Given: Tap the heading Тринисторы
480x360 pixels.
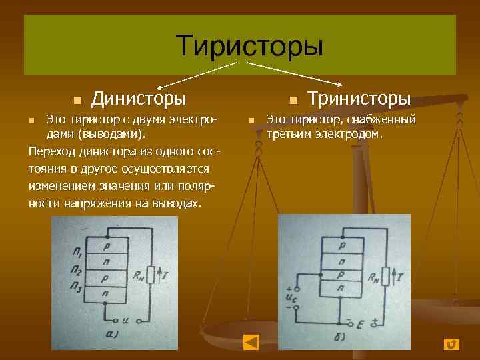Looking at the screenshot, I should pyautogui.click(x=358, y=99).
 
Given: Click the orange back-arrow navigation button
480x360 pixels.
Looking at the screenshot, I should pyautogui.click(x=251, y=342).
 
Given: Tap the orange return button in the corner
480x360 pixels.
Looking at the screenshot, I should pyautogui.click(x=451, y=343).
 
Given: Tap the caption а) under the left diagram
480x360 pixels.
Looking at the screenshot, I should pyautogui.click(x=113, y=334).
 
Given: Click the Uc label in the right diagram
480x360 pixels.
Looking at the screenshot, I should pyautogui.click(x=291, y=297).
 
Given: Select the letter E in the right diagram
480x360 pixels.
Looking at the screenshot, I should pyautogui.click(x=360, y=325).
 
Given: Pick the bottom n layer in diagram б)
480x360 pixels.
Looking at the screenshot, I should pyautogui.click(x=341, y=287).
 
